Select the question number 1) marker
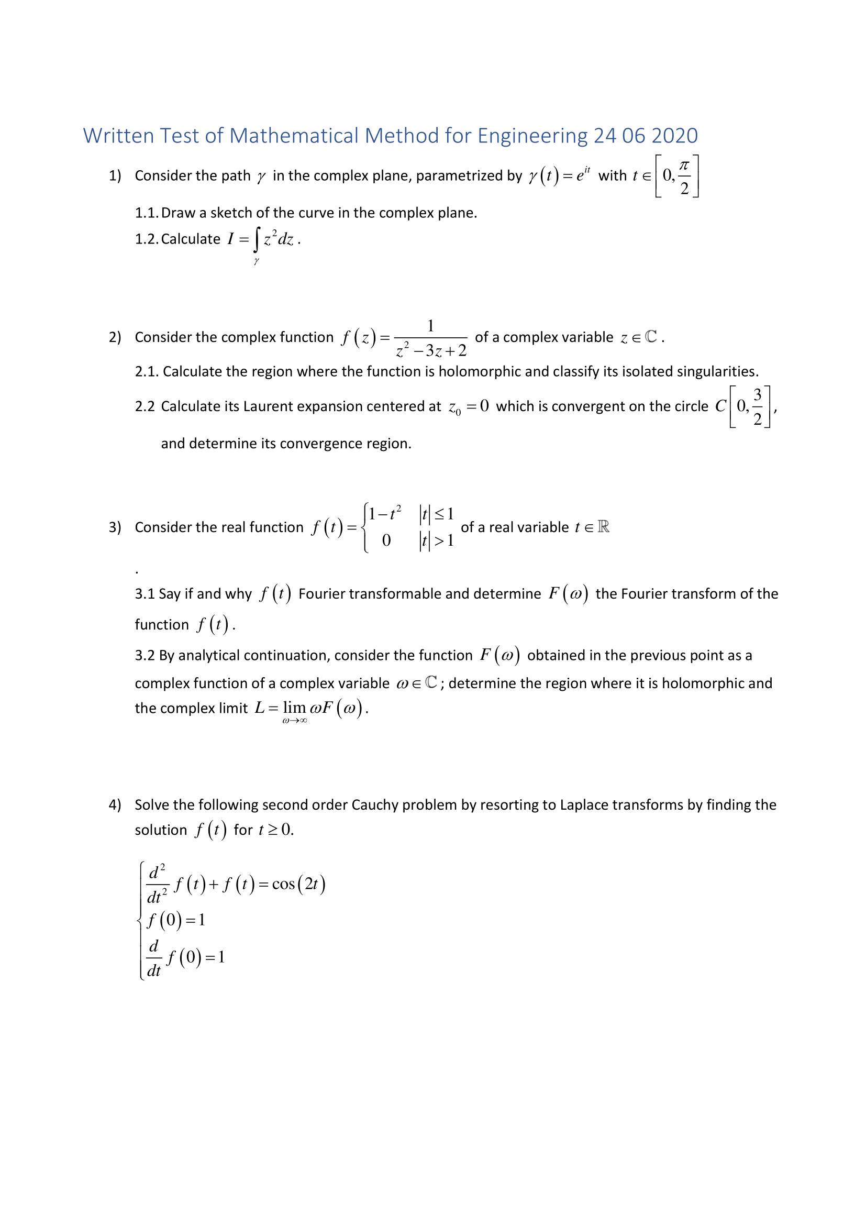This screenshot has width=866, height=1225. pyautogui.click(x=115, y=175)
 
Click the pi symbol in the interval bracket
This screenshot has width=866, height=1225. pyautogui.click(x=684, y=165)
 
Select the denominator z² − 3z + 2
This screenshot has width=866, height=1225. pyautogui.click(x=431, y=350)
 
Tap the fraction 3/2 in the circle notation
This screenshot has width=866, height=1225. pyautogui.click(x=757, y=406)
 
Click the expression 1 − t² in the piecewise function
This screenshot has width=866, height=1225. pyautogui.click(x=384, y=513)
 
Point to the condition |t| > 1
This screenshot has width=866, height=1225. pyautogui.click(x=436, y=540)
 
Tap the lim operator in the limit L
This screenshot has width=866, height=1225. pyautogui.click(x=294, y=708)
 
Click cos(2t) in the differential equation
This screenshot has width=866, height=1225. pyautogui.click(x=298, y=884)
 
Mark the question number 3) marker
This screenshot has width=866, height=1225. pyautogui.click(x=115, y=527)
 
